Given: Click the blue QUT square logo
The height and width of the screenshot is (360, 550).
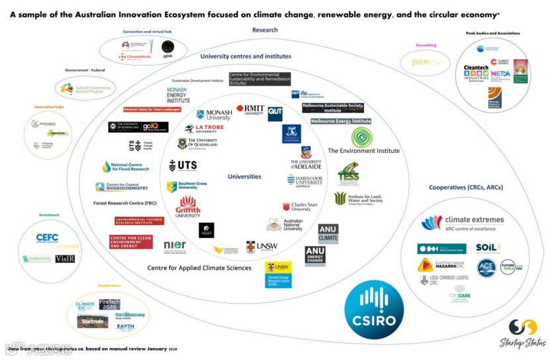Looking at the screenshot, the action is (x=275, y=114).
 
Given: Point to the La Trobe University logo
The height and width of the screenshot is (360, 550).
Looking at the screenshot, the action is (x=205, y=128).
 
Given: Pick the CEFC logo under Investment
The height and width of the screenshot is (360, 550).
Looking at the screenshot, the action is (x=48, y=238).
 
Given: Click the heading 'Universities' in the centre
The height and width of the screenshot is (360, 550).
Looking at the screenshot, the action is (x=244, y=177).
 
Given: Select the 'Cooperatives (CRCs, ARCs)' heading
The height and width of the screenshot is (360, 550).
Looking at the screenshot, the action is (x=465, y=187).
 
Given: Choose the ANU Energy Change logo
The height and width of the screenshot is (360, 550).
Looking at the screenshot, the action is (x=315, y=255).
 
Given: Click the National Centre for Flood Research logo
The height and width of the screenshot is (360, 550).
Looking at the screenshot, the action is (x=126, y=167).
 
